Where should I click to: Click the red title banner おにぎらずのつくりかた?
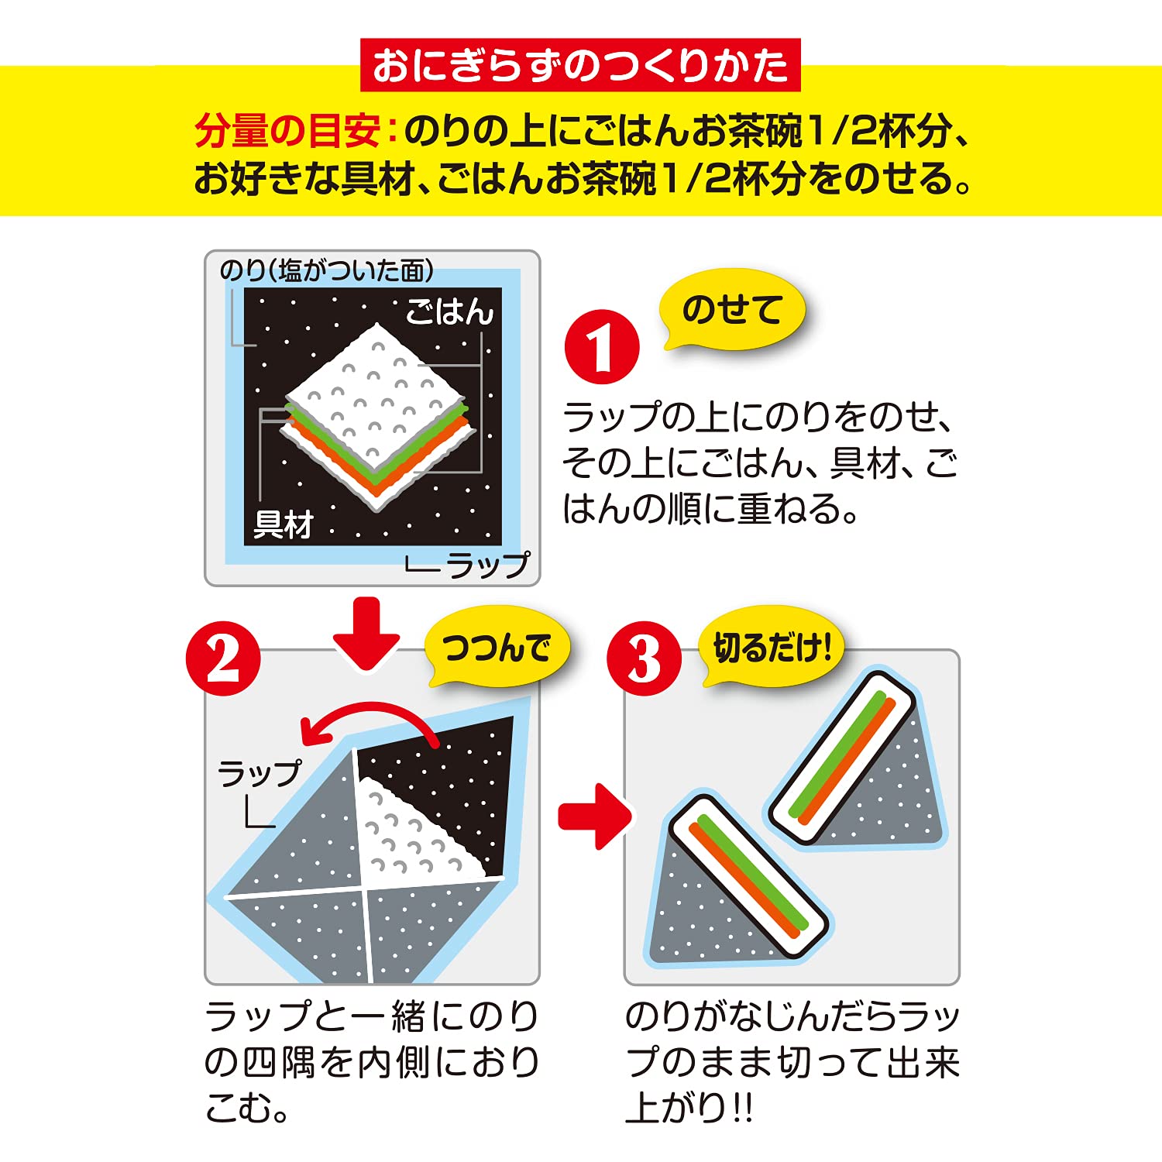pos(580,66)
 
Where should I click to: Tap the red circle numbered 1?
pos(602,347)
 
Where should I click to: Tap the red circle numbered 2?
pos(223,659)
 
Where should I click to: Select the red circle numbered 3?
pos(644,659)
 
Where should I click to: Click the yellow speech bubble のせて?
pos(731,310)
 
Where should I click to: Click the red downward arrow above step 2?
pos(366,631)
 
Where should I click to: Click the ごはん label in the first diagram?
pos(449,312)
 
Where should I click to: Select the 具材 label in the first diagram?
pos(283,525)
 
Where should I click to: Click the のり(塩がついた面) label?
pos(326,270)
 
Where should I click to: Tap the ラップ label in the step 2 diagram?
pos(259,773)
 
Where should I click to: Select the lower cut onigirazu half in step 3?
pos(736,883)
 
